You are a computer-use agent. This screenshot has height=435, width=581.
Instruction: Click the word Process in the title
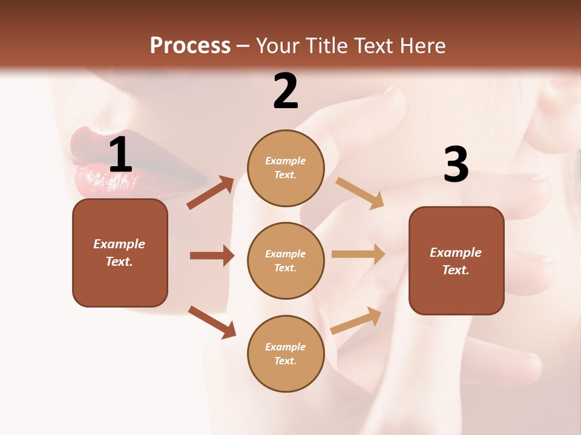pos(190,45)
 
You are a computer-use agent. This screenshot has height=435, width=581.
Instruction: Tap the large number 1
pos(120,155)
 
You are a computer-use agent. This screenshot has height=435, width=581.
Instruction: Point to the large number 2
pos(286,91)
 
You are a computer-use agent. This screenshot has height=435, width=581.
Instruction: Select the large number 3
pos(456,165)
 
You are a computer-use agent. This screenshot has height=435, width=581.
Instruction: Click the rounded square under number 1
pos(120,253)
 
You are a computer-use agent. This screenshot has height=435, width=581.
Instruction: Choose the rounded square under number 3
pos(456,260)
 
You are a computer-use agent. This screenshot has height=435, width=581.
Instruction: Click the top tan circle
pos(286,168)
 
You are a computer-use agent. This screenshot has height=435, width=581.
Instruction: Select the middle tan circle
pos(286,260)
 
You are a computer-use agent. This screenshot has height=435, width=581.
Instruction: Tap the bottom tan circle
pos(286,353)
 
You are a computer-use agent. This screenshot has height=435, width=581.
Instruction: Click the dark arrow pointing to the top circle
pos(211,193)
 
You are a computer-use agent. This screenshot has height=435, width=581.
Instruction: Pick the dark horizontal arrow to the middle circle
pos(212,256)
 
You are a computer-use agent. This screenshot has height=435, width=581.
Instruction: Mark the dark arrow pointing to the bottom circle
pos(212,321)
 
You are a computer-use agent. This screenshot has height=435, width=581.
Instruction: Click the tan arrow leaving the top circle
pos(359,193)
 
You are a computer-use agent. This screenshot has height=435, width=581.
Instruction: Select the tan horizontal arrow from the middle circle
pos(358,254)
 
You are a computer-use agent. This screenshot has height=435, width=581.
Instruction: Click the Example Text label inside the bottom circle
pos(286,354)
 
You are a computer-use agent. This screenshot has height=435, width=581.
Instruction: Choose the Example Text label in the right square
pos(456,261)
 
